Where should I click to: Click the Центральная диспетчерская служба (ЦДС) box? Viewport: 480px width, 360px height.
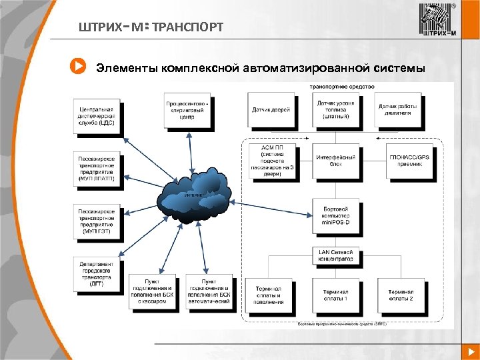(x=97, y=115)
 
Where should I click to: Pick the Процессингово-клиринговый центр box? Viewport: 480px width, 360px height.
(x=187, y=110)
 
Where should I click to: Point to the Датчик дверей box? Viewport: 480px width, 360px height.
(x=271, y=109)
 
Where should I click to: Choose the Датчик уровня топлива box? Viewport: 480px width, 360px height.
(x=336, y=109)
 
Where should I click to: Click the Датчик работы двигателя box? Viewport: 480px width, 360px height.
(x=402, y=109)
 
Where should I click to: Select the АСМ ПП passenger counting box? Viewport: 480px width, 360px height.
(x=271, y=161)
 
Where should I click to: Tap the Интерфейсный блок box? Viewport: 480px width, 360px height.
(x=336, y=160)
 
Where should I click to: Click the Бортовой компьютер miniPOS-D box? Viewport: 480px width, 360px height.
(x=336, y=216)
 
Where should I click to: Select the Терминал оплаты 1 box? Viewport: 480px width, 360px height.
(x=336, y=295)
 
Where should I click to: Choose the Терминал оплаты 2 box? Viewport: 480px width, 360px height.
(x=402, y=295)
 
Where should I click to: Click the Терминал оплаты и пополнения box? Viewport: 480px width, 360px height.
(x=269, y=295)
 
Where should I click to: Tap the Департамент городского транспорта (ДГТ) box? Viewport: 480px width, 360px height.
(x=97, y=273)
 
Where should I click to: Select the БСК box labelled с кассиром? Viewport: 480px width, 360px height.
(x=152, y=292)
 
